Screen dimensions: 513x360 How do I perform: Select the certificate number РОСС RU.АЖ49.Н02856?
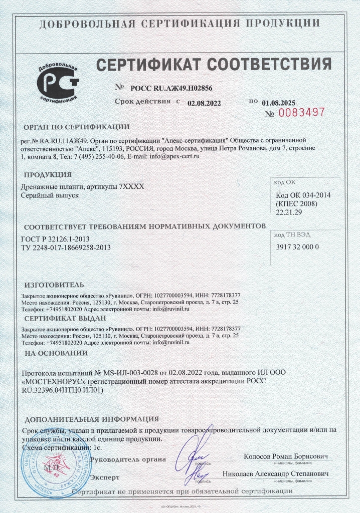[171, 88]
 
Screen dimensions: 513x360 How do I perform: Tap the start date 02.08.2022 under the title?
[204, 103]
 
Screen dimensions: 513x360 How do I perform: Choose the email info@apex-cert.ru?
[171, 157]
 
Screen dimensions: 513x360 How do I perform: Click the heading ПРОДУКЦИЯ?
[47, 174]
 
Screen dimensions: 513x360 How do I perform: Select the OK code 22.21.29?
[290, 212]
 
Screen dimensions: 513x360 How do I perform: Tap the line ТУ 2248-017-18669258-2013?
[66, 247]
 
